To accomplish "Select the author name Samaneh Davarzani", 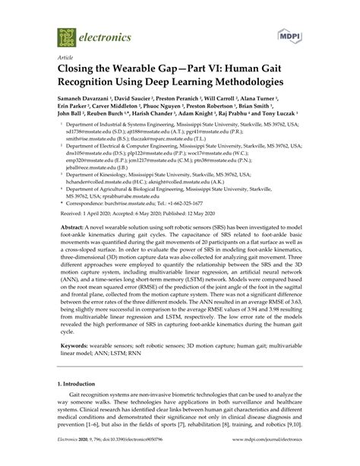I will [84, 100].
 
